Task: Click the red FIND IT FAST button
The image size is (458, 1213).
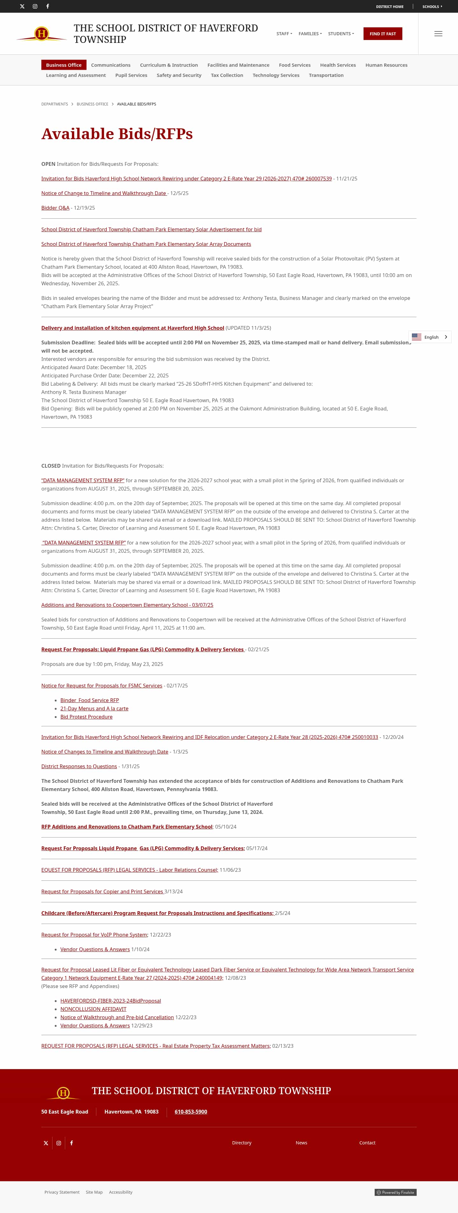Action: [383, 34]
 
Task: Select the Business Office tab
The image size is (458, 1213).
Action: [64, 65]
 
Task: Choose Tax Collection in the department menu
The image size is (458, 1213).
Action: [227, 75]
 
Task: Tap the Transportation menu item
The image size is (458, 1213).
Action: [326, 75]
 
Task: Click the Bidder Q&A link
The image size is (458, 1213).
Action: [55, 208]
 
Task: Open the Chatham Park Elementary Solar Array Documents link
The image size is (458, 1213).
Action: [146, 244]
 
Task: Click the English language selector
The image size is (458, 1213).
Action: [430, 337]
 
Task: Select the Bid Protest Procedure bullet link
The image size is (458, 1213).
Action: [86, 717]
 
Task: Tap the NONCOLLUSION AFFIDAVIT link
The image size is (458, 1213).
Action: [93, 1009]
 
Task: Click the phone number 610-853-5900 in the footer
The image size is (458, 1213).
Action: [191, 1112]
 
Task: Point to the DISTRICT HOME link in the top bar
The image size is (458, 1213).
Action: [390, 7]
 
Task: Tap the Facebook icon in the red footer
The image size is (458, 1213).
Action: [72, 1143]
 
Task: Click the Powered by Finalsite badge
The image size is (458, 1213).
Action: [395, 1192]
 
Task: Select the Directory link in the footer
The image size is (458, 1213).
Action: [242, 1143]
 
